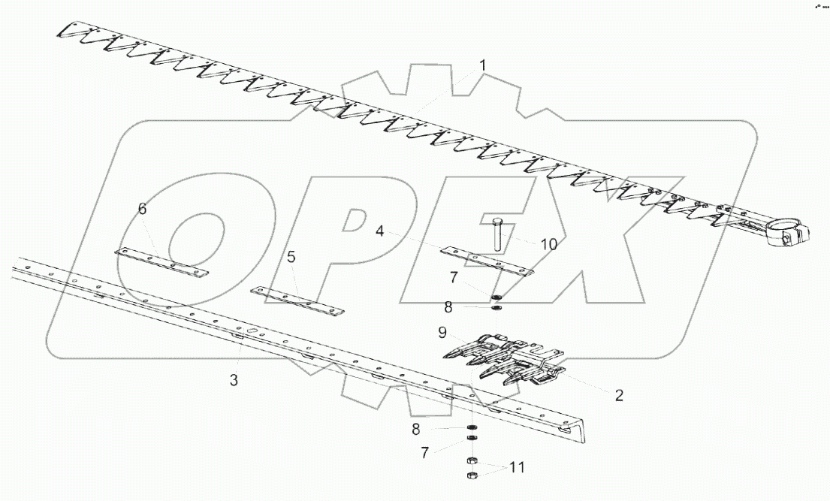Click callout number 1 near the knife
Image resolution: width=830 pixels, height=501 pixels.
click(x=483, y=66)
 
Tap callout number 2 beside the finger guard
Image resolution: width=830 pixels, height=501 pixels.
click(x=619, y=396)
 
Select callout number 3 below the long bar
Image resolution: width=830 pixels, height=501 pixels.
click(x=234, y=382)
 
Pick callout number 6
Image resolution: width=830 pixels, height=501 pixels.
click(x=142, y=209)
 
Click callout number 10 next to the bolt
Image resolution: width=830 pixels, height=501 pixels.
click(x=548, y=244)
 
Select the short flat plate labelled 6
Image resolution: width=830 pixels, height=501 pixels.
click(x=161, y=262)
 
